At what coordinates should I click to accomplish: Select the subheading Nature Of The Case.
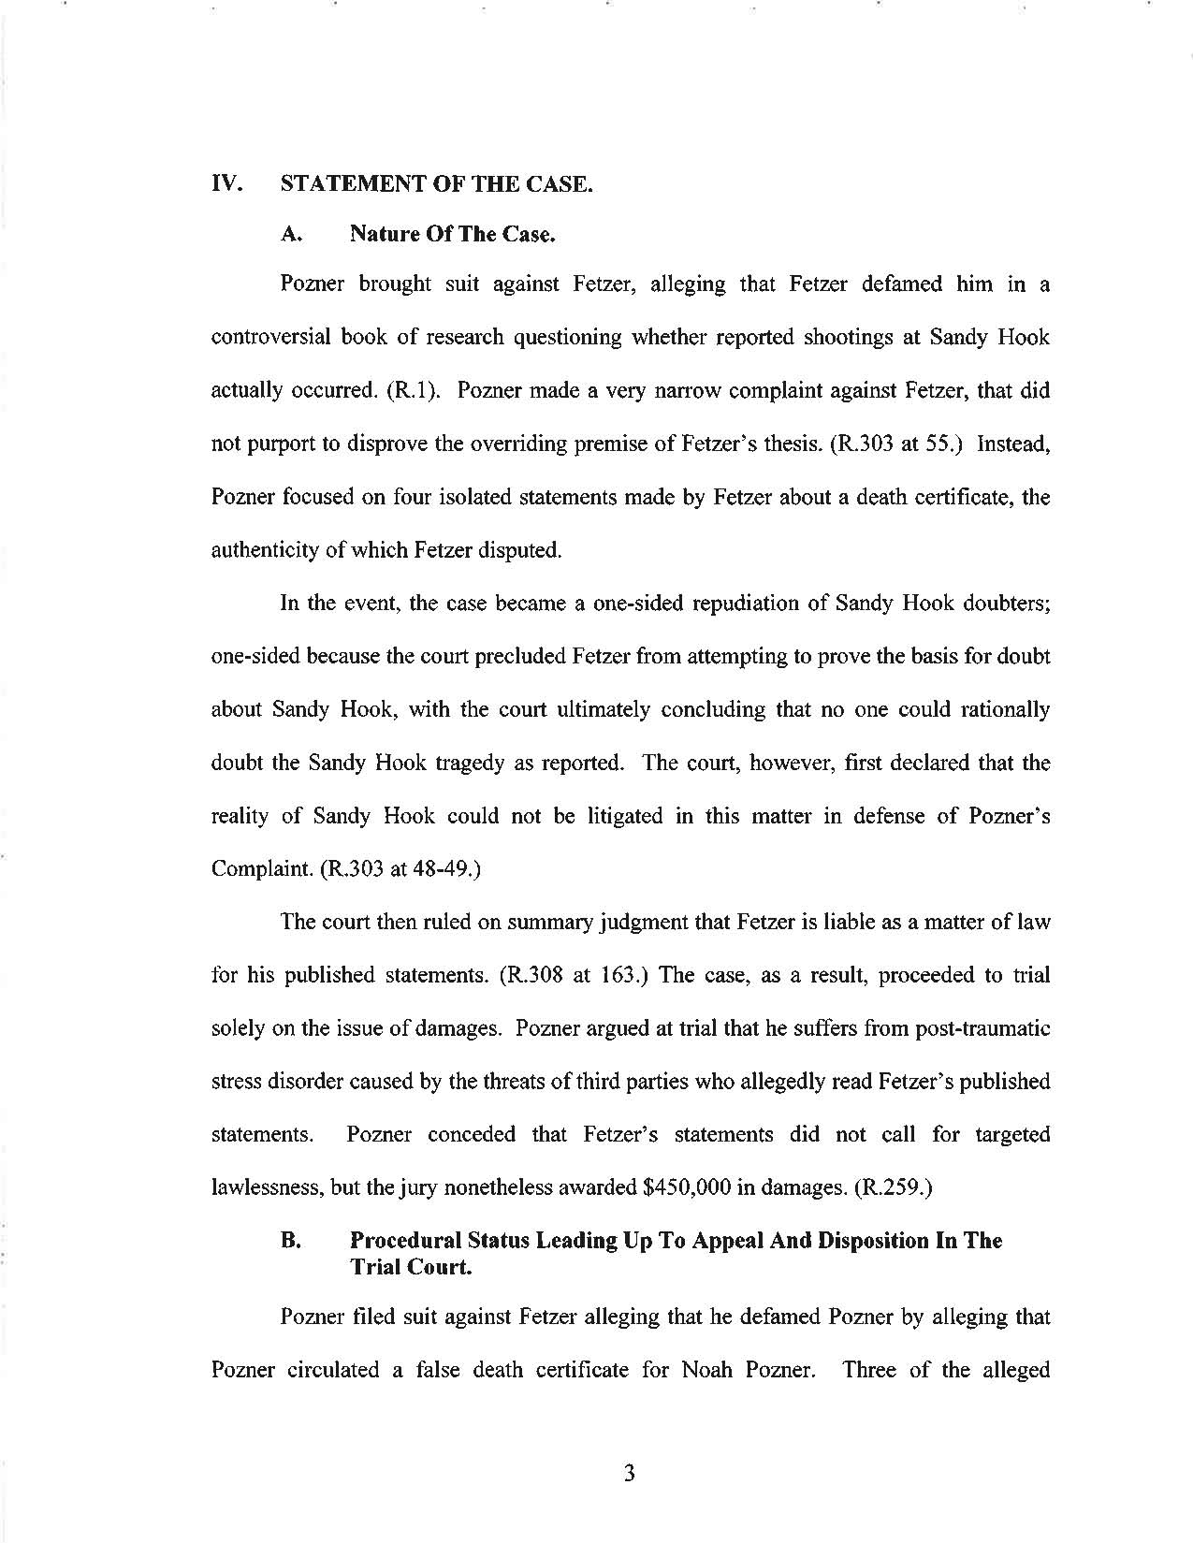(453, 234)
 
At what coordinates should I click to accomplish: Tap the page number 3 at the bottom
(629, 1475)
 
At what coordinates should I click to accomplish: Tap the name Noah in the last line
(712, 1370)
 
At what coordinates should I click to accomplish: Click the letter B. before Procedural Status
(290, 1241)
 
